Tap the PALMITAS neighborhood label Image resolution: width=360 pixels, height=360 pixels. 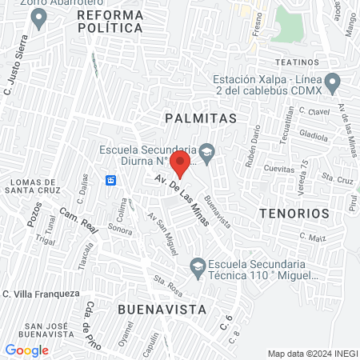[201, 118]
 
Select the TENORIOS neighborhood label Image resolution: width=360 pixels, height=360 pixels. [294, 214]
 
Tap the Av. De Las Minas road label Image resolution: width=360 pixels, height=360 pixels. [180, 198]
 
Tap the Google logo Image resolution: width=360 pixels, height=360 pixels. [26, 350]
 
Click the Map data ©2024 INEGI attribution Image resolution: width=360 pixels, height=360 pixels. [312, 354]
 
